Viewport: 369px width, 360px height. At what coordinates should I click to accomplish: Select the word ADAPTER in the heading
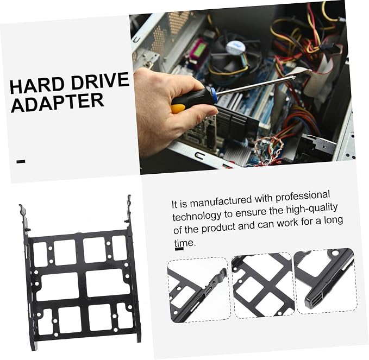click(x=58, y=103)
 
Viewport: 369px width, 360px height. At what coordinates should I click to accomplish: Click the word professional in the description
click(x=303, y=197)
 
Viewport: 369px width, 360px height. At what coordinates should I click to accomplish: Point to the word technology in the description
click(x=197, y=215)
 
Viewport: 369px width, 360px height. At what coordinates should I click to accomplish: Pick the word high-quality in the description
click(x=312, y=210)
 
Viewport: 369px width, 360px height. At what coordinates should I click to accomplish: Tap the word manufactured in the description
click(x=221, y=201)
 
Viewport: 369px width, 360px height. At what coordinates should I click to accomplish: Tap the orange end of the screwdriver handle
click(x=178, y=109)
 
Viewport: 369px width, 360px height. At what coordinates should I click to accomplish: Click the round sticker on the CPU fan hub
click(x=235, y=47)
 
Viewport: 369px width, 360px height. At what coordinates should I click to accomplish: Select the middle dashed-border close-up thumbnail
click(x=263, y=286)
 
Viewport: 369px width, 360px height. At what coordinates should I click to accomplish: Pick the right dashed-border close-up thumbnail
click(x=326, y=281)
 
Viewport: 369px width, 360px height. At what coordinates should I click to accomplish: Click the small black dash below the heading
click(x=21, y=161)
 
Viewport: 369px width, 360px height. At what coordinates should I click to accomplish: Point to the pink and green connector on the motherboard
click(x=199, y=50)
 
